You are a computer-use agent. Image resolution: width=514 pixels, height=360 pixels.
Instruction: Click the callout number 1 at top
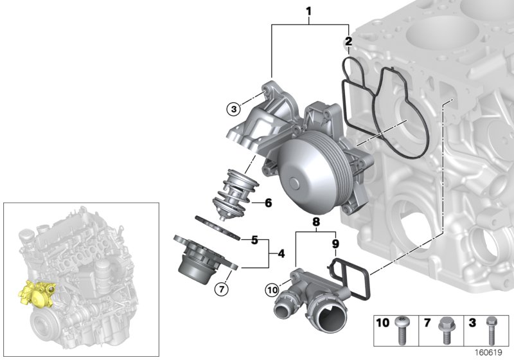(x=309, y=11)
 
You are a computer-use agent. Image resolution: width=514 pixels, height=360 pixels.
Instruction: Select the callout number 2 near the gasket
(x=348, y=42)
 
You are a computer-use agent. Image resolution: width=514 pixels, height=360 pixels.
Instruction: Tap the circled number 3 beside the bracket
(x=233, y=109)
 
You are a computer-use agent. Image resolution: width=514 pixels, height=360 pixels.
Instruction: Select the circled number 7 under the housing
(x=221, y=289)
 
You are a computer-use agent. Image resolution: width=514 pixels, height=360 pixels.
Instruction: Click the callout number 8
(x=315, y=222)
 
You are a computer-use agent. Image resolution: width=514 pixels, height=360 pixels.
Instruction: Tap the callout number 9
(x=334, y=244)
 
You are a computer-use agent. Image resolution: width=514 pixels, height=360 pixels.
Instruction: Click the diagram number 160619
(x=490, y=352)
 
